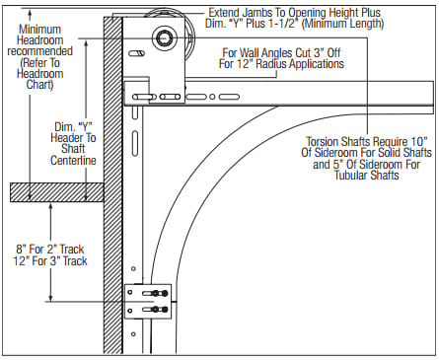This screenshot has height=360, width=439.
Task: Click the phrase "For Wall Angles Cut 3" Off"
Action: [x=282, y=51]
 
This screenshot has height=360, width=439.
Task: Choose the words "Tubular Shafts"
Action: [x=365, y=180]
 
